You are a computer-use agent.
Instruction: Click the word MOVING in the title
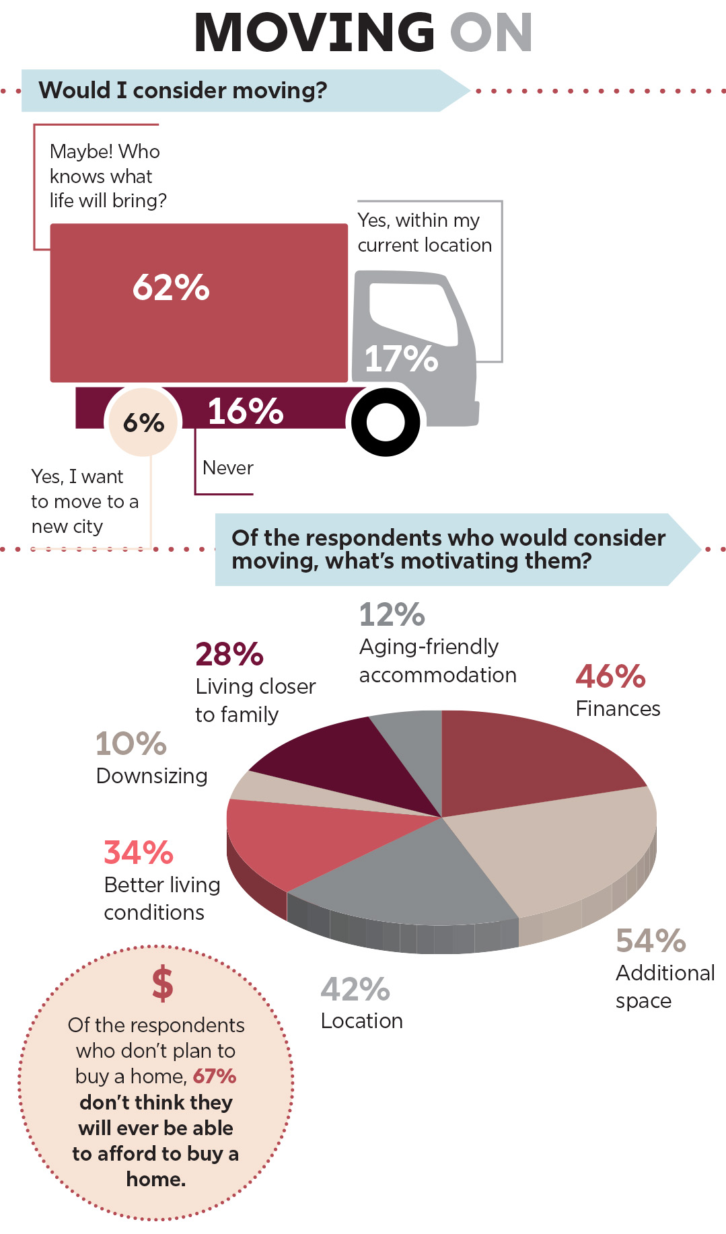(x=314, y=32)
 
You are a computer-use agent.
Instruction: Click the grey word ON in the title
(x=491, y=32)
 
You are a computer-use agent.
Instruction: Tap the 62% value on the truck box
(x=171, y=287)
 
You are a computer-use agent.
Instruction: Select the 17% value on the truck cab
(x=401, y=358)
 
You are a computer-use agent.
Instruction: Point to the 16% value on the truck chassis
(x=245, y=411)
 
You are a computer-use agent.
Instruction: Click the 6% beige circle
(x=143, y=423)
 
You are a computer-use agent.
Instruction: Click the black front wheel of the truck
(x=386, y=423)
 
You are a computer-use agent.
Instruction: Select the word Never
(x=228, y=468)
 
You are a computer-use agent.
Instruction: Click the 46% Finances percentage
(x=610, y=676)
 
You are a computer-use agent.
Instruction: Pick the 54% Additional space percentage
(x=651, y=941)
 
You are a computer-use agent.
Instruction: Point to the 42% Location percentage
(x=355, y=989)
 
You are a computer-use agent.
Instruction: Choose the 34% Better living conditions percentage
(x=139, y=852)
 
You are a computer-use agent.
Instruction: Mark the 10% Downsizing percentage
(x=131, y=743)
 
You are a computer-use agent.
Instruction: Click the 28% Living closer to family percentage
(x=229, y=653)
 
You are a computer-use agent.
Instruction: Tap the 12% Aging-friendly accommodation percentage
(x=392, y=614)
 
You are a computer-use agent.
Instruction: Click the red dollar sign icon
(x=162, y=984)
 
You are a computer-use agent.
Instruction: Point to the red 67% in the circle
(x=214, y=1077)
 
